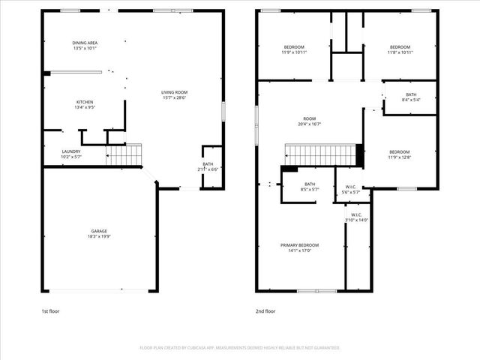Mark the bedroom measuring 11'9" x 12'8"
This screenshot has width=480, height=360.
click(399, 154)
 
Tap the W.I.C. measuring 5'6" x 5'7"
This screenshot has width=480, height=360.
click(350, 190)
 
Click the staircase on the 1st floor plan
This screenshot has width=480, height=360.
click(124, 155)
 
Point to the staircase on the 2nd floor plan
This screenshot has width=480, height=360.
click(322, 155)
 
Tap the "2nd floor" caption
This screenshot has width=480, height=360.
click(266, 310)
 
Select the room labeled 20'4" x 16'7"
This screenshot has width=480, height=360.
click(310, 121)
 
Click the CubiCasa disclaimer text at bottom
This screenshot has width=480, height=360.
click(239, 347)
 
